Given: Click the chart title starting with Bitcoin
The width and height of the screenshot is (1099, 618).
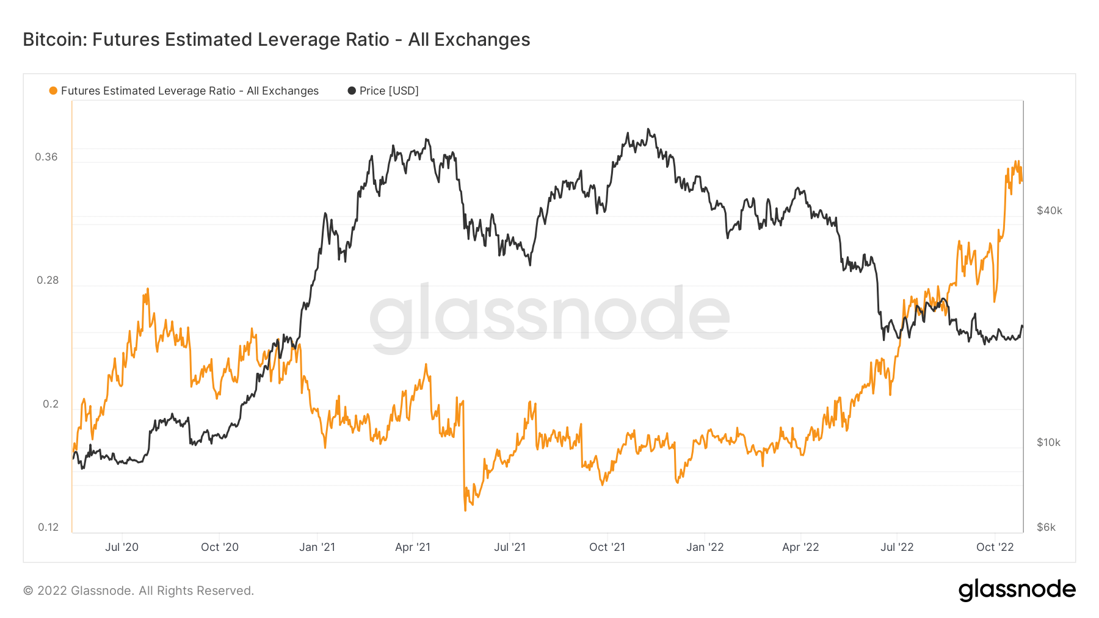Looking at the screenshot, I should (276, 40).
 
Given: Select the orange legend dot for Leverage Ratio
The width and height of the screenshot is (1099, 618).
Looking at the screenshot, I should (53, 91).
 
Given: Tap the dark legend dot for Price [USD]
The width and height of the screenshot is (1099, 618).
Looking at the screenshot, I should (352, 91).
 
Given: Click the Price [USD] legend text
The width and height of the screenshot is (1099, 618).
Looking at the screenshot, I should (389, 91).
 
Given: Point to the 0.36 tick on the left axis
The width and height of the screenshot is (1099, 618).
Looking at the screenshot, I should (46, 157).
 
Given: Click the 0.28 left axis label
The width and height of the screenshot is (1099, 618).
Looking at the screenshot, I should (48, 280).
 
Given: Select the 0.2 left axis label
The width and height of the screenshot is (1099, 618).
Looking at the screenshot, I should (51, 404).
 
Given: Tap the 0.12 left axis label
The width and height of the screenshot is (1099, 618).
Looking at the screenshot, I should (48, 527).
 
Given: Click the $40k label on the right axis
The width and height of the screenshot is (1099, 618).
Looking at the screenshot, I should (1050, 210).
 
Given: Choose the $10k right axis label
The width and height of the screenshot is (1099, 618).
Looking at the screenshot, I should (1049, 442).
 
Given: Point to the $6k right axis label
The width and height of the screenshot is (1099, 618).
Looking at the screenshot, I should (1046, 527).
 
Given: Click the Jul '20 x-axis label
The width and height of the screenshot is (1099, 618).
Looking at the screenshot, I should (122, 547).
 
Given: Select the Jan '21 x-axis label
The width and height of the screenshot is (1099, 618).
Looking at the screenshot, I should (317, 547).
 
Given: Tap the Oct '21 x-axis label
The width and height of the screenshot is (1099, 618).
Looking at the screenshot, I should (607, 547).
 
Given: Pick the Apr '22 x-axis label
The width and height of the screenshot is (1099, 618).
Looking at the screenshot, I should (800, 547).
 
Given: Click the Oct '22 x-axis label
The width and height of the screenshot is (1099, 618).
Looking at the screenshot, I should (995, 547).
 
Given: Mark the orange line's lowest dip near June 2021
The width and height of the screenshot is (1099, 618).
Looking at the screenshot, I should (465, 509).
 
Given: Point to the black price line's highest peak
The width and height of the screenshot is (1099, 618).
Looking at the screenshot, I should (648, 129).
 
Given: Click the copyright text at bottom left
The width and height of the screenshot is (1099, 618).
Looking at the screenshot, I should (139, 591).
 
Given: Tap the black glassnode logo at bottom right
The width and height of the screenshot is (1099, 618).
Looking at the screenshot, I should (1017, 590).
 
